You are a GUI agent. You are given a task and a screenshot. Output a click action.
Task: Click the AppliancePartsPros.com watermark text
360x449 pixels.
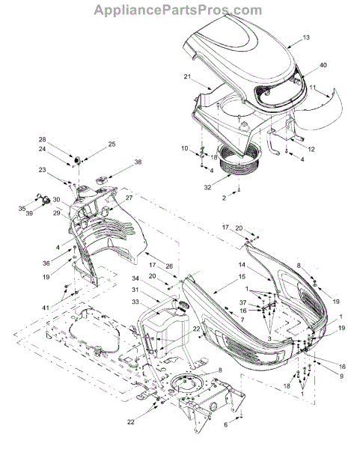tap(177, 10)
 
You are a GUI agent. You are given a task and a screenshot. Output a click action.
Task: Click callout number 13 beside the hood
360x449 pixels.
tap(306, 37)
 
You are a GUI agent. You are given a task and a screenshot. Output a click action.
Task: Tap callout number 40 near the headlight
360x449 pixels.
tap(323, 65)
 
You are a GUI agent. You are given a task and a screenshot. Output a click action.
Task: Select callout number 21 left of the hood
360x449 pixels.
tap(187, 77)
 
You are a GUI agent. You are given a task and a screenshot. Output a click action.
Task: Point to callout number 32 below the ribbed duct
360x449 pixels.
tap(207, 188)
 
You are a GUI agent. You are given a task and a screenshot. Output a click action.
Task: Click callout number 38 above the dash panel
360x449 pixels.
tap(138, 162)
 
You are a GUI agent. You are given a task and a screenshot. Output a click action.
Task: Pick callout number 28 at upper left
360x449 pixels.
tap(43, 139)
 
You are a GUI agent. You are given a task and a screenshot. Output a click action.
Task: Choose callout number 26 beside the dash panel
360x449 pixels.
tap(169, 266)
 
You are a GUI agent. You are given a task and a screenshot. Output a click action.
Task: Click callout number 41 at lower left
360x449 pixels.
tap(46, 308)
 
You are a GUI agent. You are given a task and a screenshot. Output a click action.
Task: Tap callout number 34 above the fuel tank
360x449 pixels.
tap(135, 278)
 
